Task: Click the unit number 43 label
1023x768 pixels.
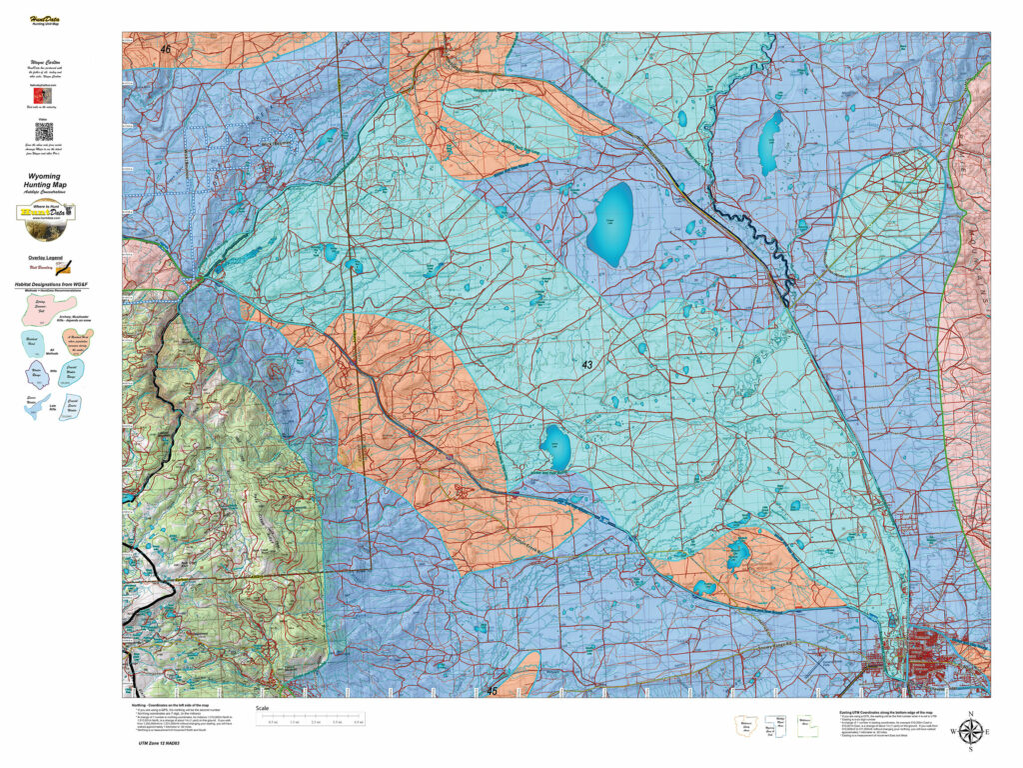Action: (x=585, y=366)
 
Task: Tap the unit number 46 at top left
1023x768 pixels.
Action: (x=165, y=49)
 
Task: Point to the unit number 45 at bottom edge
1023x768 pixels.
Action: (x=491, y=690)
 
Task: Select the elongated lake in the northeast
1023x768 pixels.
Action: (x=769, y=143)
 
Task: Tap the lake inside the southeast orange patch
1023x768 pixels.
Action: (x=738, y=553)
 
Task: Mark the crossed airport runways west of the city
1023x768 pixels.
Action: (x=821, y=659)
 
